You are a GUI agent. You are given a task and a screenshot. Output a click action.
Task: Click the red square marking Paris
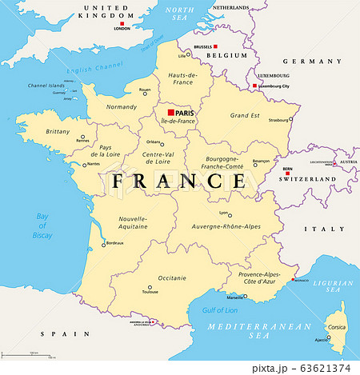click(171, 113)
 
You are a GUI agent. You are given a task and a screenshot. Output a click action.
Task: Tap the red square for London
click(122, 22)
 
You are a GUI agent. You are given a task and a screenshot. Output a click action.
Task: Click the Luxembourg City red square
click(255, 86)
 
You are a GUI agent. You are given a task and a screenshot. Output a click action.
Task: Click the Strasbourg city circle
click(291, 120)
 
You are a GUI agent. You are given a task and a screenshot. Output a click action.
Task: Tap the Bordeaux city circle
click(102, 244)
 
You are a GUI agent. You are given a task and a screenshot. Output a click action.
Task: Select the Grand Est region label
click(245, 115)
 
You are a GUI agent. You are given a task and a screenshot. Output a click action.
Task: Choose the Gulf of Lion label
click(221, 310)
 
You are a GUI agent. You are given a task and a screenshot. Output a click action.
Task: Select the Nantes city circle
click(84, 165)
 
